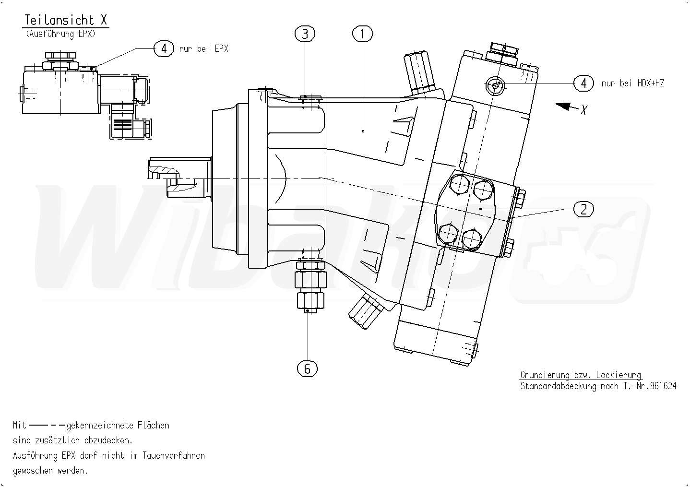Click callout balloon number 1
tap(362, 34)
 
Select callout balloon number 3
tap(305, 34)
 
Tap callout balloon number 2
tap(583, 209)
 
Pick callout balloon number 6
tap(307, 368)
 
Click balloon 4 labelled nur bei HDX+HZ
tap(583, 83)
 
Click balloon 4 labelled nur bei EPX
tap(164, 48)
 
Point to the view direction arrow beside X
tap(566, 107)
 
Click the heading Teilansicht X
tap(66, 20)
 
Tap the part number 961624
tap(664, 386)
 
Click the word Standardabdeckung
tap(559, 386)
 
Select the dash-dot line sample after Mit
tap(47, 425)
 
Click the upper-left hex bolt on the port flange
tap(460, 185)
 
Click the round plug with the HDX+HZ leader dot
tap(495, 86)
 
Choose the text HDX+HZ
tap(651, 83)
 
